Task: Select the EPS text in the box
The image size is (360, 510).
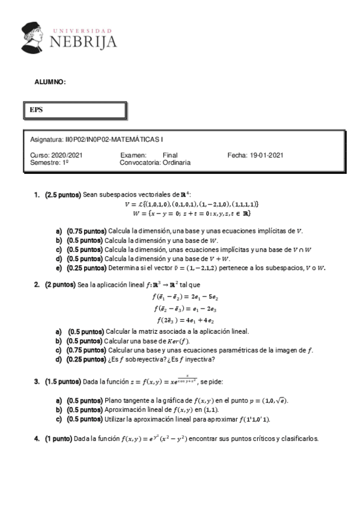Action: tap(36, 110)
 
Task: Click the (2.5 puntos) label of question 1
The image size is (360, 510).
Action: tap(63, 195)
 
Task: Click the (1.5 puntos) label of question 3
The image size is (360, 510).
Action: tap(63, 381)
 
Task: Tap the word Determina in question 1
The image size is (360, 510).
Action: tap(123, 268)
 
